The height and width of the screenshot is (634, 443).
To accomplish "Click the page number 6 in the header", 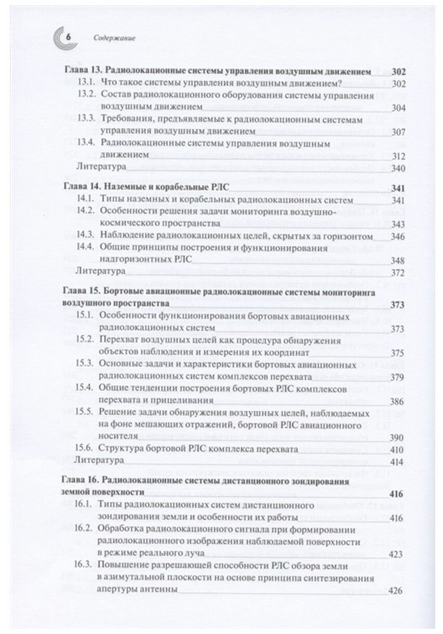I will click(69, 37).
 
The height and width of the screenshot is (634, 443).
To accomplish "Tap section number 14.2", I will click(86, 212).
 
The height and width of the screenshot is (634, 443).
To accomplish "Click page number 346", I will click(398, 236).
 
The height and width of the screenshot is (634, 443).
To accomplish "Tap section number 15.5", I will click(86, 413).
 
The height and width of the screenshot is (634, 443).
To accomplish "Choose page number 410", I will click(398, 448).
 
